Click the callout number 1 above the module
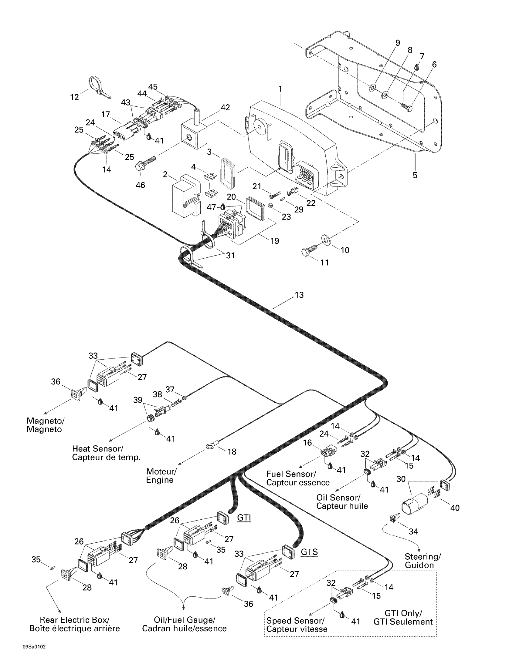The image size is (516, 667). [x=280, y=89]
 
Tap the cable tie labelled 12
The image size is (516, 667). [x=97, y=87]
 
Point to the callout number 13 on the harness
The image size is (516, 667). [x=299, y=295]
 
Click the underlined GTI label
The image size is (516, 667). [x=244, y=518]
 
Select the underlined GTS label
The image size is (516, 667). [x=309, y=552]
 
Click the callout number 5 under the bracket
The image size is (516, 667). [x=415, y=175]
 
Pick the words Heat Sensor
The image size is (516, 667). [x=97, y=449]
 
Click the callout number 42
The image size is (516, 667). [x=225, y=108]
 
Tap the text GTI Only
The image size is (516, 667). [x=403, y=613]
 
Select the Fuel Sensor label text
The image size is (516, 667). [x=291, y=474]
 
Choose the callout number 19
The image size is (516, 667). [x=274, y=241]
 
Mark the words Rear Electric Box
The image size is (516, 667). [x=74, y=620]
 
